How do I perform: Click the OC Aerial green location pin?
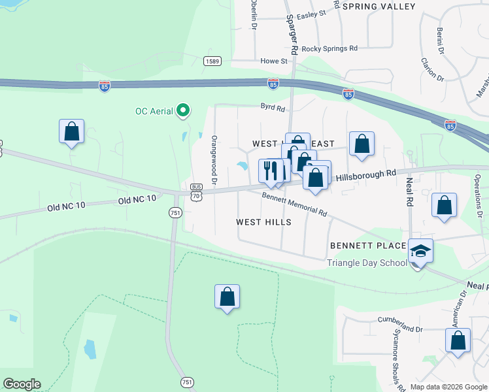pyautogui.click(x=184, y=111)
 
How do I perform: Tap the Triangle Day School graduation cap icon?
pyautogui.click(x=420, y=250)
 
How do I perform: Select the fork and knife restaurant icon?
pyautogui.click(x=271, y=171)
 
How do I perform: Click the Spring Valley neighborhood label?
pyautogui.click(x=379, y=7)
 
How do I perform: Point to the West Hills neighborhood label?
pyautogui.click(x=263, y=222)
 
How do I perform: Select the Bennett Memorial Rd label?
pyautogui.click(x=294, y=203)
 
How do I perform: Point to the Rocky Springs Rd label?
pyautogui.click(x=329, y=48)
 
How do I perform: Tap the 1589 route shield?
pyautogui.click(x=212, y=61)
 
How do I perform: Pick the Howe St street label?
pyautogui.click(x=274, y=61)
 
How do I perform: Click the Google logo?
pyautogui.click(x=22, y=384)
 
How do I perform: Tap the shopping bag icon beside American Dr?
pyautogui.click(x=458, y=341)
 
